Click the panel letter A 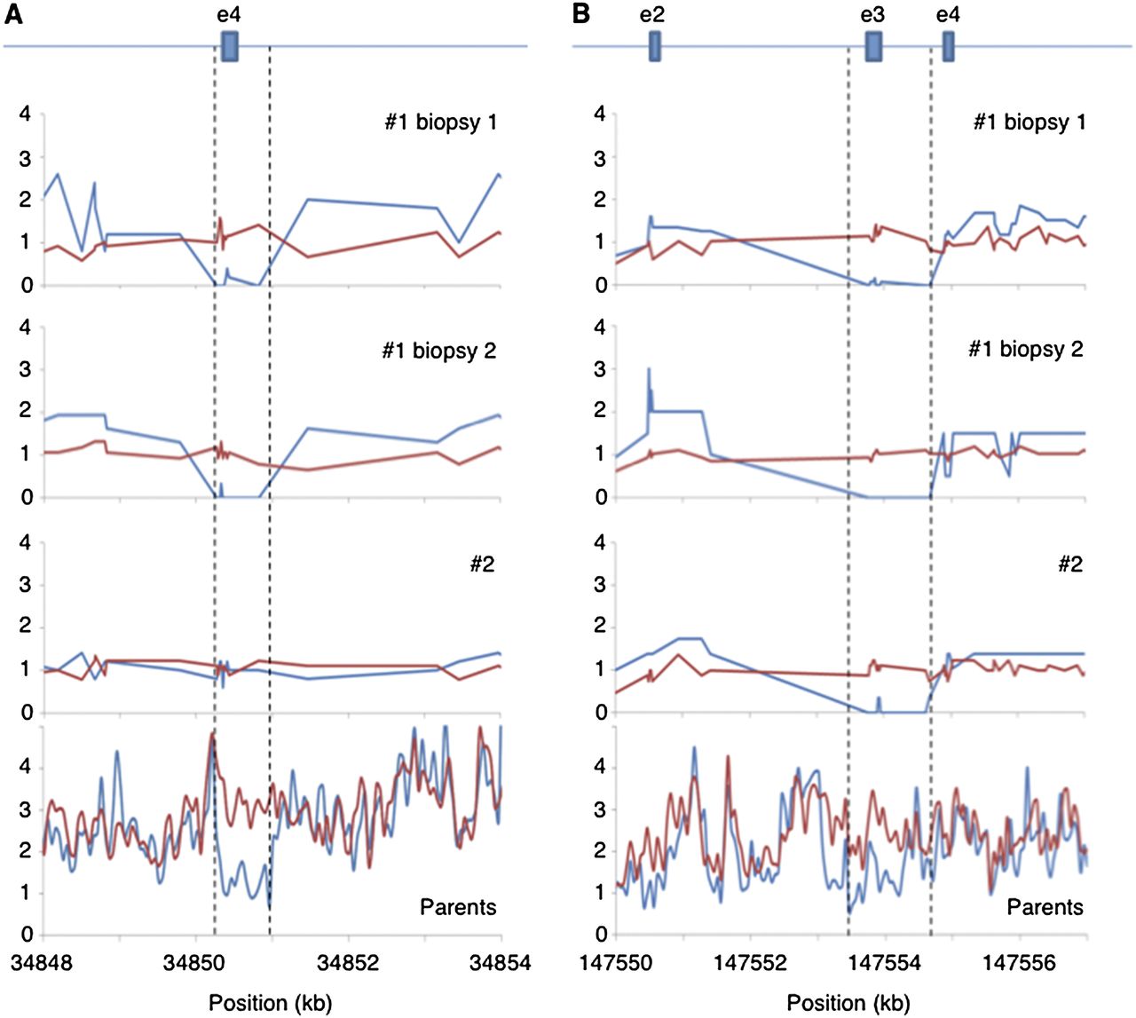(x=14, y=14)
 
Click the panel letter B (x=582, y=14)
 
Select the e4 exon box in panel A (x=230, y=46)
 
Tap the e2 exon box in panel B (x=655, y=46)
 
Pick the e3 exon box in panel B (x=873, y=46)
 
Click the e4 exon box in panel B (x=948, y=46)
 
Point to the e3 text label (x=873, y=14)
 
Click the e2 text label (x=652, y=14)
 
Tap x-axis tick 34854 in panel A (x=501, y=963)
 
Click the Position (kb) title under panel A (x=271, y=1003)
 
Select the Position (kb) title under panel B (x=848, y=1003)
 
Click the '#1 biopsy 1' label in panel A (x=440, y=122)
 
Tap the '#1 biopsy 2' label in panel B (x=1026, y=350)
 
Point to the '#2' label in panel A (x=482, y=564)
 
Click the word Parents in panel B (x=1045, y=907)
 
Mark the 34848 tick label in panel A (x=44, y=963)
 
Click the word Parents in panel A (x=458, y=907)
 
